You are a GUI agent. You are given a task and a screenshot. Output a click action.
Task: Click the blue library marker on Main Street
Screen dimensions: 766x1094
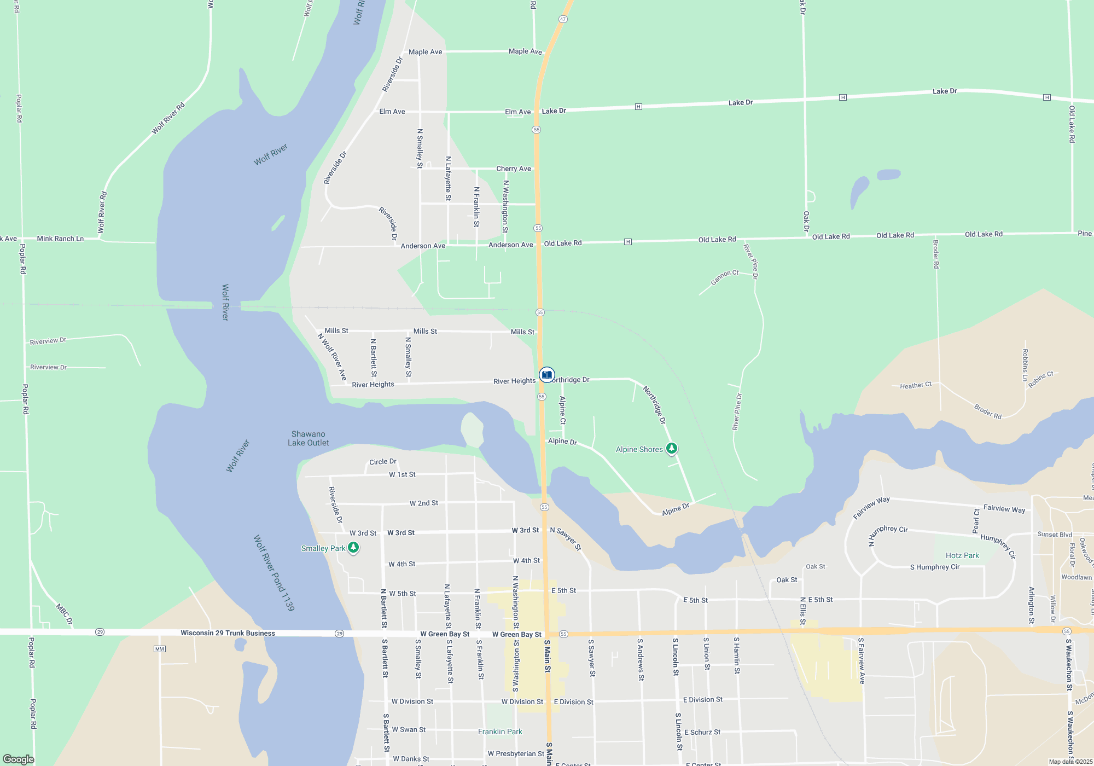(546, 375)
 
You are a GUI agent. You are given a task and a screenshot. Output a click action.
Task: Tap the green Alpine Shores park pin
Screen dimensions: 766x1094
(672, 449)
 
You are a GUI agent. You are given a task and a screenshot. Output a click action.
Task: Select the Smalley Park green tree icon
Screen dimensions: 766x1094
(353, 547)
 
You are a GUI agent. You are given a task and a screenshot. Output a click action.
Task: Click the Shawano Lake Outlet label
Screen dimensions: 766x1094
(309, 438)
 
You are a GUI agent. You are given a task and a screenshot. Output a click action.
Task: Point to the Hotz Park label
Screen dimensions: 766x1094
(962, 555)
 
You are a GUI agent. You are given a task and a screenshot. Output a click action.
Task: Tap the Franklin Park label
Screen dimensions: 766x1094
(500, 732)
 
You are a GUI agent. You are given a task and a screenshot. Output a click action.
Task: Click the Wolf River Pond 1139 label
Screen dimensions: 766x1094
(273, 573)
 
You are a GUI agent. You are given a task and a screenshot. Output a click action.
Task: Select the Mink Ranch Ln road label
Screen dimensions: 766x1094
(60, 239)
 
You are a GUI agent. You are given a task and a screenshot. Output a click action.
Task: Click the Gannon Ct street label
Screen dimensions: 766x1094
(724, 277)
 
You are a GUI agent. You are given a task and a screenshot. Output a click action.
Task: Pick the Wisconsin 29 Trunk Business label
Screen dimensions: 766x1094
(228, 633)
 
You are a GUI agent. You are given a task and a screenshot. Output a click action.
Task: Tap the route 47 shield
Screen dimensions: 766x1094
(563, 19)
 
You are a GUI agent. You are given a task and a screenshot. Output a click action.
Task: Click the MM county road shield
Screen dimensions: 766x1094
(159, 649)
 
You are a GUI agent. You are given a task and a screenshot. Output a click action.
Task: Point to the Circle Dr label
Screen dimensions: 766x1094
(383, 462)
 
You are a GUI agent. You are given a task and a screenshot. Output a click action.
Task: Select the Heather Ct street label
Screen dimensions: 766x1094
(916, 386)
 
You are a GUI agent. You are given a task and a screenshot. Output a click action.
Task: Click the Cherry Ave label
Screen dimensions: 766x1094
(514, 169)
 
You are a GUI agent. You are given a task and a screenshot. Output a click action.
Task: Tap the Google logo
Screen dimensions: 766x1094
(19, 759)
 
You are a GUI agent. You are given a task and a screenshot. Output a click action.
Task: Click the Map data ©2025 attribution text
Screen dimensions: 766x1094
(1070, 762)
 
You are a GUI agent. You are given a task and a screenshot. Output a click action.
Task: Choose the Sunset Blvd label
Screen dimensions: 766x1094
(1055, 535)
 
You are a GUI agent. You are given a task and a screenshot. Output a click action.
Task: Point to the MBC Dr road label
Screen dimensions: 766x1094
(64, 614)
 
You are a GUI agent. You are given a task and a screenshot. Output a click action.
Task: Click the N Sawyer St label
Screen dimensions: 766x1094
(566, 538)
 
